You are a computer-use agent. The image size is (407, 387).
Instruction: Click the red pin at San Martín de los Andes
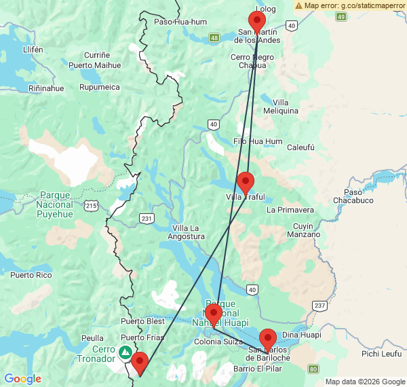point(256,20)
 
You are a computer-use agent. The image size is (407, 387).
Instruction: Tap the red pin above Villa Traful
point(246,181)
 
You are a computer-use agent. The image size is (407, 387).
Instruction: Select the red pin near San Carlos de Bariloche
point(268,338)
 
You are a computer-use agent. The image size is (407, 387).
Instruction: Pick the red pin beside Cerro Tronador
point(140,362)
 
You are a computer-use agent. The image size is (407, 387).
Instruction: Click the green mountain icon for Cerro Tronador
point(125,352)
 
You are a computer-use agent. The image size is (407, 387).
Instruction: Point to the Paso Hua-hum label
point(180,22)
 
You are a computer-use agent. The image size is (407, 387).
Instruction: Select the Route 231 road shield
point(147,218)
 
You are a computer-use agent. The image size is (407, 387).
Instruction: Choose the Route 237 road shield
point(319,306)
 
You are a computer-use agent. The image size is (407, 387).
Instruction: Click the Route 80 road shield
point(312,369)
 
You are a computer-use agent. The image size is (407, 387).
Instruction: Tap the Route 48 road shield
point(214,37)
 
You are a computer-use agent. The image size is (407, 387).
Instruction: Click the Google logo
point(22,378)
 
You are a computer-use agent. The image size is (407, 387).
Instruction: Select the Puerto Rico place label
point(31,275)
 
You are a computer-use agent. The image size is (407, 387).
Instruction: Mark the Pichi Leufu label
point(381,354)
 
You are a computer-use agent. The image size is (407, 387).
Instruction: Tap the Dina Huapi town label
point(300,335)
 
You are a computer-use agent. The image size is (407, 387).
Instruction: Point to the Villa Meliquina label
point(281,106)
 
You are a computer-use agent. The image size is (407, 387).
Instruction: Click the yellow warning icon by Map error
point(299,5)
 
